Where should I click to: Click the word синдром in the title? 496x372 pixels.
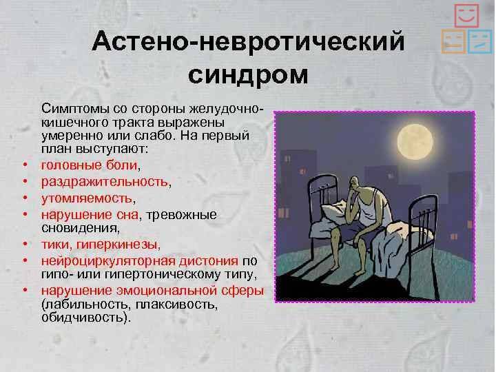(x=248, y=76)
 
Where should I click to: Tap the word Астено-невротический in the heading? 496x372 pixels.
(x=248, y=41)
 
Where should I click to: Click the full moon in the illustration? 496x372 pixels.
(x=415, y=142)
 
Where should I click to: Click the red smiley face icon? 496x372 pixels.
(x=466, y=15)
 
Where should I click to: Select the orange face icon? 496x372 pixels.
(x=453, y=41)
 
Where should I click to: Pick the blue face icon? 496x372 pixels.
(x=480, y=41)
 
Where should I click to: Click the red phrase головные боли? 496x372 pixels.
(x=89, y=165)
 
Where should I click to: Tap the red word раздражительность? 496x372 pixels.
(x=105, y=182)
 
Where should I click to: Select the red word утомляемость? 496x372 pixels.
(x=87, y=198)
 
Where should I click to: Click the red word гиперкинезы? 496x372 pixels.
(x=117, y=245)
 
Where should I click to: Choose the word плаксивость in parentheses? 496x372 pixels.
(x=175, y=304)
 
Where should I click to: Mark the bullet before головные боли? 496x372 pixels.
(x=25, y=165)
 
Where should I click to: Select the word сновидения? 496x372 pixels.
(x=79, y=228)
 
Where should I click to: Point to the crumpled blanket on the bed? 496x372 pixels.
(x=399, y=250)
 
